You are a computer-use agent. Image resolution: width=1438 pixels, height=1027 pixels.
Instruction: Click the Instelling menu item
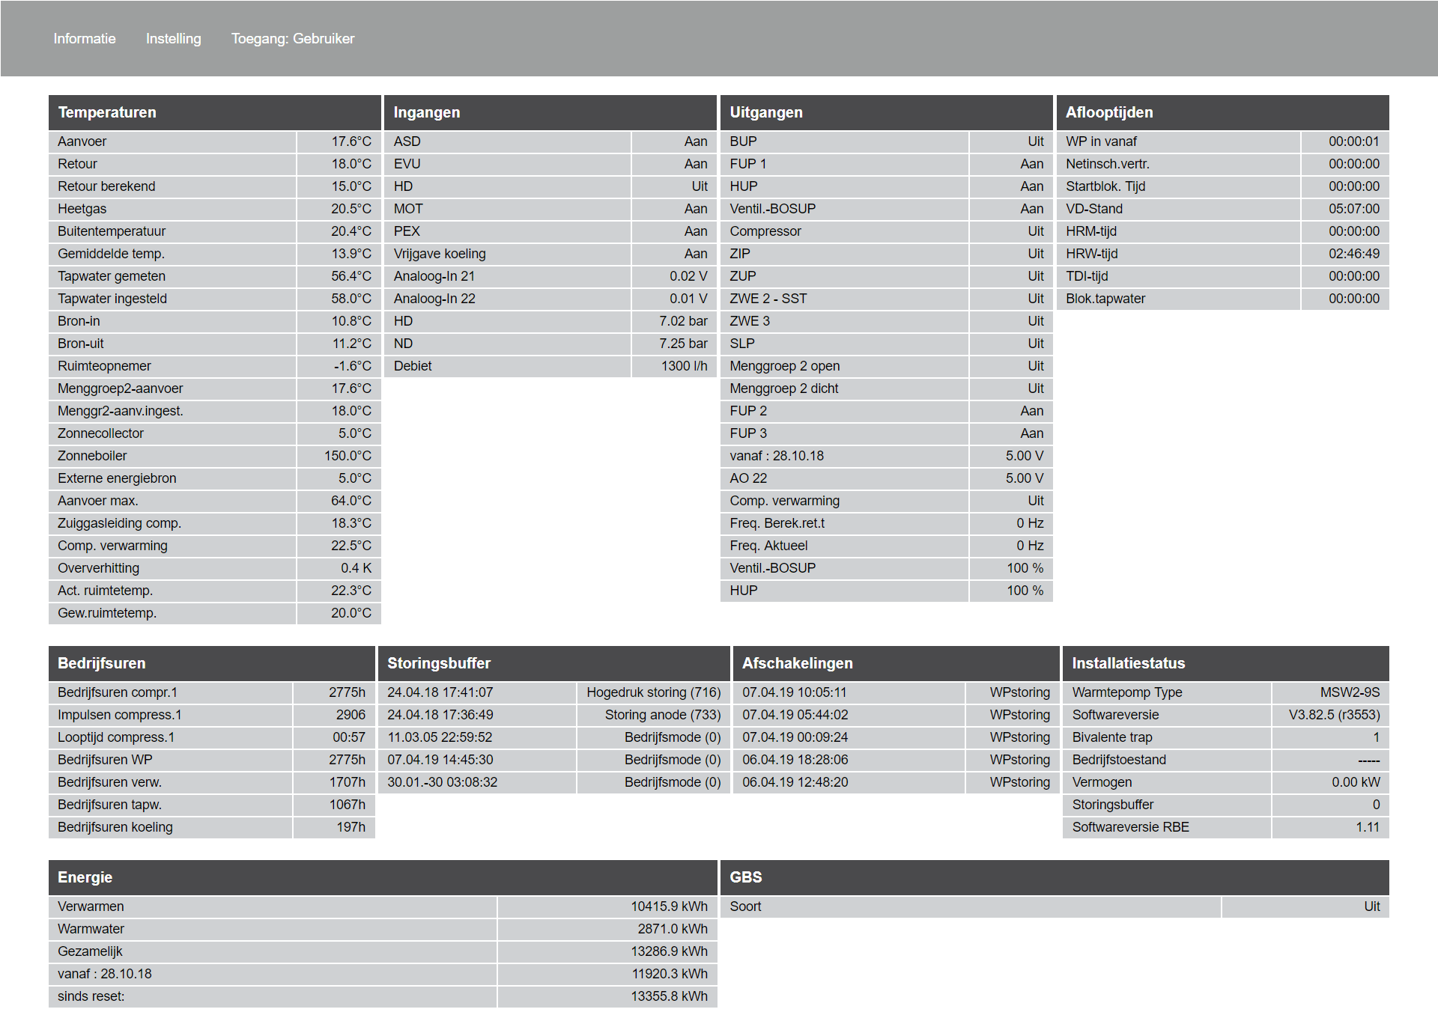[x=173, y=39]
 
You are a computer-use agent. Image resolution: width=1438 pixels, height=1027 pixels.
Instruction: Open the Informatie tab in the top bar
[x=85, y=39]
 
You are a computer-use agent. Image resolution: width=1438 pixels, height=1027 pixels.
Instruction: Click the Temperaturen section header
[x=107, y=112]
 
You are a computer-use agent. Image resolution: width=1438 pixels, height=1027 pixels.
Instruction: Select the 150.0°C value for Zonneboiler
[x=348, y=456]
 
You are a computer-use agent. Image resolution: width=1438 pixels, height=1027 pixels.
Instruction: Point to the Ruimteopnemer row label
[x=104, y=366]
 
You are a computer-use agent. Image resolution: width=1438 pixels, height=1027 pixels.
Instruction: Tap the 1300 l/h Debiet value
[x=684, y=366]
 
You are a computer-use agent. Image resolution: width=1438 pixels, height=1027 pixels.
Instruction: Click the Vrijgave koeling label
[x=440, y=254]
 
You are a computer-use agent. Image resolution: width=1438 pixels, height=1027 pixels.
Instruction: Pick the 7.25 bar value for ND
[x=683, y=344]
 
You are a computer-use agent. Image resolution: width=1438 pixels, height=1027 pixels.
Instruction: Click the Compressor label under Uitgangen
[x=765, y=231]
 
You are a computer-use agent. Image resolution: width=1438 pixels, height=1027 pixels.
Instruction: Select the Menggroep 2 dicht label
[x=784, y=388]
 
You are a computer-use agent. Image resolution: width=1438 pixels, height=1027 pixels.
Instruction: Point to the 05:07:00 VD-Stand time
[x=1353, y=209]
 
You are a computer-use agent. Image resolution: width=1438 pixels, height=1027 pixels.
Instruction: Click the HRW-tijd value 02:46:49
[x=1353, y=254]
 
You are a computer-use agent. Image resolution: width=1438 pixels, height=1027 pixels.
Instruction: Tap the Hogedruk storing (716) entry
[x=653, y=692]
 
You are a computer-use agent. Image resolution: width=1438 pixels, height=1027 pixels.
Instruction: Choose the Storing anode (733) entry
[x=662, y=715]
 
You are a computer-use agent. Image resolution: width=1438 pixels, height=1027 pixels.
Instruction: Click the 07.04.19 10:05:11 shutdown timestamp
[x=795, y=692]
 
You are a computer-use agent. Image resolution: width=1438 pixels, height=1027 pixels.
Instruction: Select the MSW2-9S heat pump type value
[x=1350, y=692]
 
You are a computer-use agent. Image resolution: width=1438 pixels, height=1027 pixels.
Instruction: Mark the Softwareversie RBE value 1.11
[x=1367, y=827]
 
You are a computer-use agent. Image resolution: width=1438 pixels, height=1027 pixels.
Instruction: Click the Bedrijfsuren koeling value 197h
[x=351, y=827]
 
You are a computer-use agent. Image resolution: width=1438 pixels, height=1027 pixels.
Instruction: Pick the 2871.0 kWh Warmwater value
[x=672, y=929]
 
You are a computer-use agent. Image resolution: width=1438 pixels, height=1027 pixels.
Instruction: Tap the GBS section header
[x=746, y=877]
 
